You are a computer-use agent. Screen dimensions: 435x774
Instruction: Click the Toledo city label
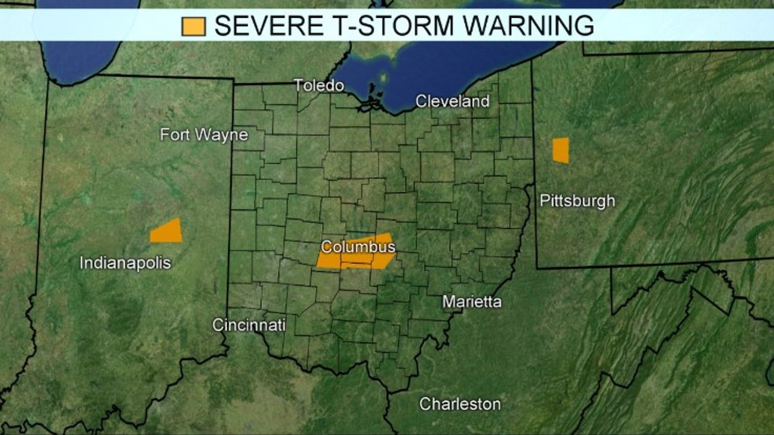pyautogui.click(x=319, y=85)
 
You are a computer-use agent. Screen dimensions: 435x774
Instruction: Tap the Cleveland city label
pyautogui.click(x=452, y=101)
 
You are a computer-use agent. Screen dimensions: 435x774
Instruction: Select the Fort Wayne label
pyautogui.click(x=204, y=135)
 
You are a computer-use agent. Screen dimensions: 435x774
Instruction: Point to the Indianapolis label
pyautogui.click(x=125, y=263)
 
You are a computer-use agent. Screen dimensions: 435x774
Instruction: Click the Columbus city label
pyautogui.click(x=358, y=246)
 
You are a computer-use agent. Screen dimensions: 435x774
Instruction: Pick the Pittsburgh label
pyautogui.click(x=577, y=201)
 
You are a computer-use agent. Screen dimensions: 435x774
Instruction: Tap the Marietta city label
pyautogui.click(x=472, y=302)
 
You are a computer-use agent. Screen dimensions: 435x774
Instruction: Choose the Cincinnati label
pyautogui.click(x=249, y=325)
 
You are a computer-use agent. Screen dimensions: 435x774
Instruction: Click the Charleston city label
pyautogui.click(x=460, y=404)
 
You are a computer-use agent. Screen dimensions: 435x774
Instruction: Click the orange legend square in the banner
pyautogui.click(x=193, y=26)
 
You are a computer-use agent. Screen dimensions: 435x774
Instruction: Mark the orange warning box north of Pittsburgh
pyautogui.click(x=561, y=150)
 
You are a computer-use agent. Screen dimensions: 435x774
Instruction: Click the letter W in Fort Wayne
pyautogui.click(x=202, y=135)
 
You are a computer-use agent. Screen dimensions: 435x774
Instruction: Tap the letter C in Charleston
pyautogui.click(x=425, y=404)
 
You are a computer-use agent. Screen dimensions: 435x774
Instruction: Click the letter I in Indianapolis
pyautogui.click(x=82, y=263)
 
